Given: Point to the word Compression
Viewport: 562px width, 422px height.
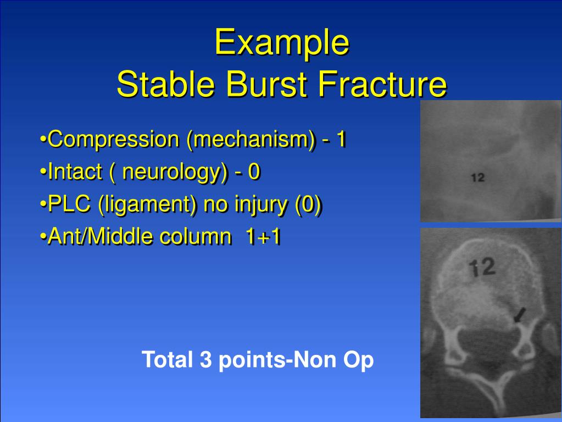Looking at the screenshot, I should coord(113,140).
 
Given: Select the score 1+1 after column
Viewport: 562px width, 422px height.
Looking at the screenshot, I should coord(263,237).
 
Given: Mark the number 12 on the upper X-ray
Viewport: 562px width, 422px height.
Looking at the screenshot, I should coord(477,178).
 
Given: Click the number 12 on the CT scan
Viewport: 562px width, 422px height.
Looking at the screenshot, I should coord(483,267).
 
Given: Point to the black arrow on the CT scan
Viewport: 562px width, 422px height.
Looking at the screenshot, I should coord(519,315).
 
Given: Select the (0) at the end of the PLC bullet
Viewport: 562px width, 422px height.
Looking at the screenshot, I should coord(308,205).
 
